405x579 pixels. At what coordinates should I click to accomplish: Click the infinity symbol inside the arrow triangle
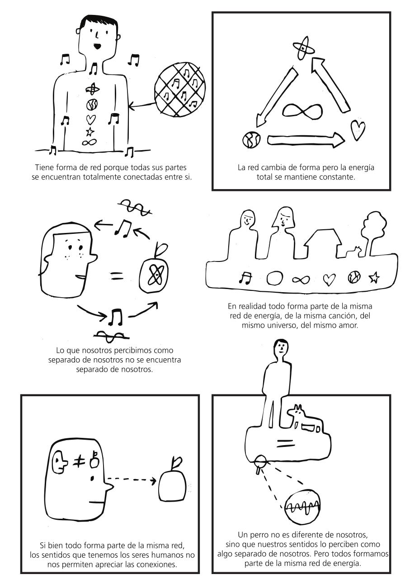tap(302, 110)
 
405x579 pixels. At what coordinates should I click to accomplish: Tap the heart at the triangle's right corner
tap(358, 130)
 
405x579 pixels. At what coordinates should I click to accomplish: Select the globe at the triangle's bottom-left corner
tap(251, 140)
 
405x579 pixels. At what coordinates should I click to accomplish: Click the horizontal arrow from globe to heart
tap(306, 140)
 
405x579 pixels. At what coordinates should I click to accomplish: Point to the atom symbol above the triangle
tap(304, 48)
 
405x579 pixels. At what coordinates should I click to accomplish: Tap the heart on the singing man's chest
tap(91, 119)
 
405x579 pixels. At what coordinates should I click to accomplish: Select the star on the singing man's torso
tap(90, 132)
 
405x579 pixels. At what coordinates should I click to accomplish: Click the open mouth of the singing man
tap(97, 46)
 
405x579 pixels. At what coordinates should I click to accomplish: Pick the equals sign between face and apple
tap(117, 276)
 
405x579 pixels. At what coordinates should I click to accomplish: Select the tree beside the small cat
tap(374, 233)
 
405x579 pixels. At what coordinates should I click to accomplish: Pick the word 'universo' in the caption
tap(279, 325)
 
